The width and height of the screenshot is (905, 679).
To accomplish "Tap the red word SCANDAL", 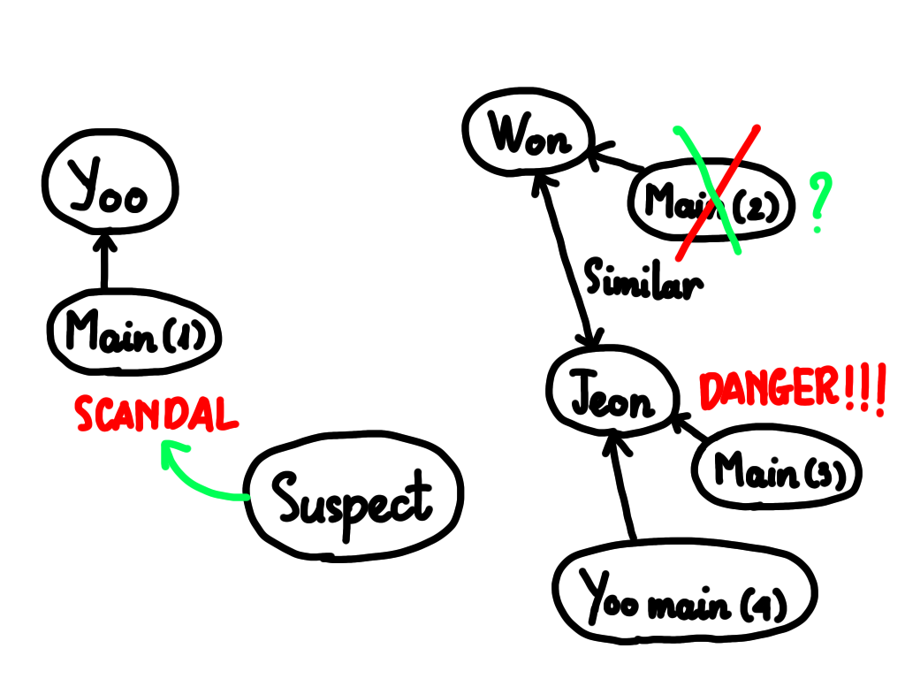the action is [156, 414].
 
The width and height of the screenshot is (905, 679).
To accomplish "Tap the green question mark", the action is [819, 202].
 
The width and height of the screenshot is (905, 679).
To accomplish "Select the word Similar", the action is [643, 279].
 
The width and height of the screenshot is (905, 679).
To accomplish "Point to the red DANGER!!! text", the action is [792, 389].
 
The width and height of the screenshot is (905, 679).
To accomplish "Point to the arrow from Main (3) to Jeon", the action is [689, 428].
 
